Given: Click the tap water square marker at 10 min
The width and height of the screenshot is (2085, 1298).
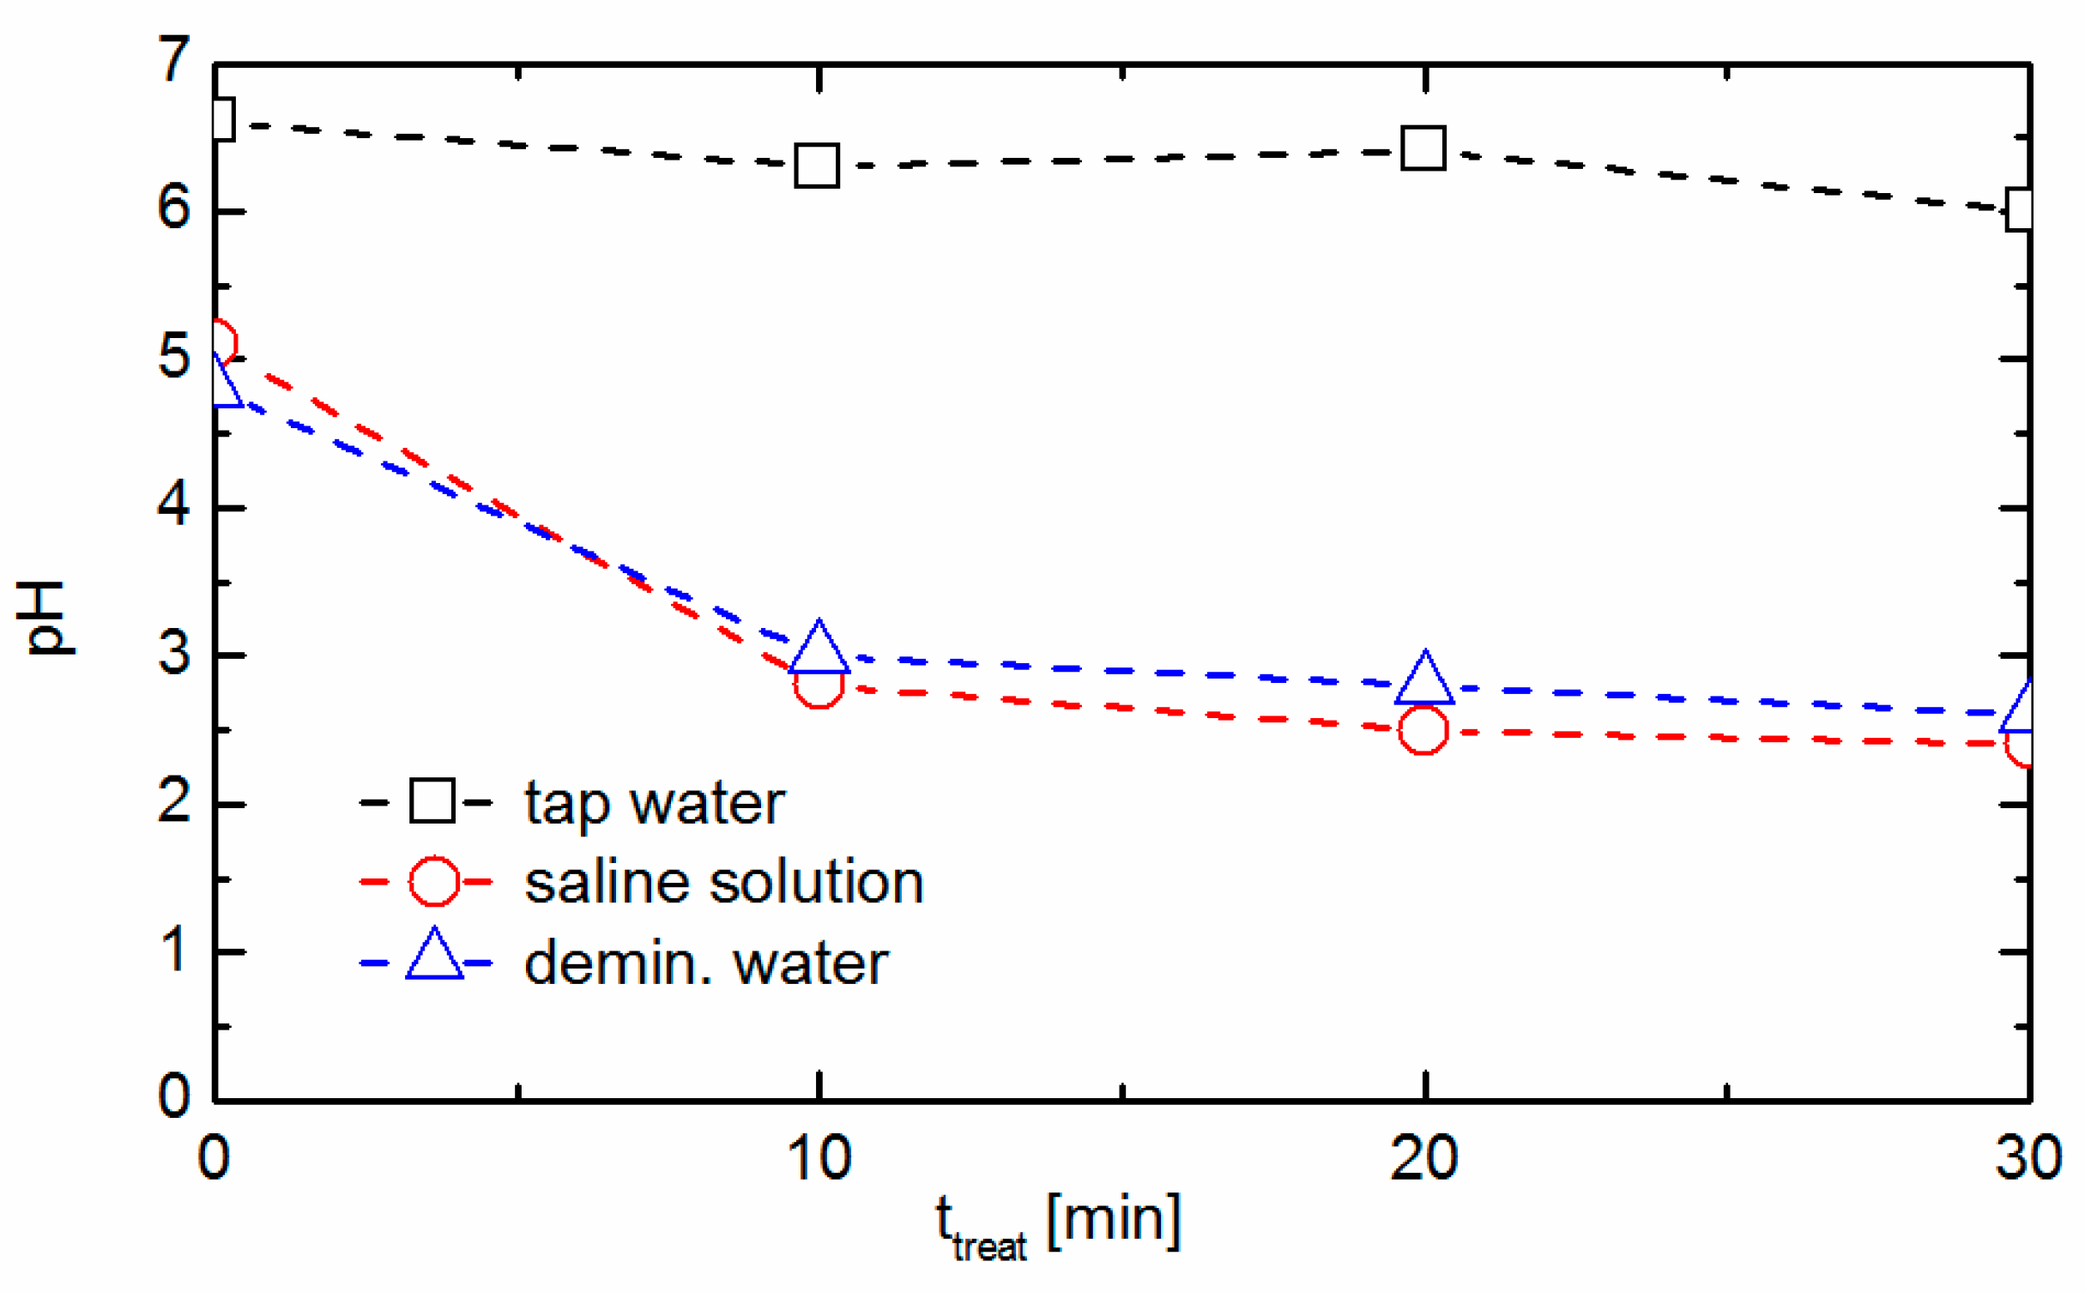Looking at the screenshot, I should click(816, 166).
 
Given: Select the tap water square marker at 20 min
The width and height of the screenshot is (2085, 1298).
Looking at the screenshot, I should click(1423, 148).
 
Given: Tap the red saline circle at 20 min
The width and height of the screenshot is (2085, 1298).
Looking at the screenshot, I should click(1423, 730).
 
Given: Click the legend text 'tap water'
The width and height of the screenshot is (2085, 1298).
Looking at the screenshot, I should click(654, 804).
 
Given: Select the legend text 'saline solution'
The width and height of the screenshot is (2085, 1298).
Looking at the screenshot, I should click(723, 883).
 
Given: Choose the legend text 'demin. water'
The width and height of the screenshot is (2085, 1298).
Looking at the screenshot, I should click(705, 963).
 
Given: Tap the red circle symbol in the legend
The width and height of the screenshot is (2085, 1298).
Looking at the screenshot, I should click(433, 881).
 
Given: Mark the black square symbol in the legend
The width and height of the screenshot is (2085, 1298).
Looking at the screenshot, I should click(432, 800).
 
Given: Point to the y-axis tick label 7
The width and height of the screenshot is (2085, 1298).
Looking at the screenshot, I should click(174, 60).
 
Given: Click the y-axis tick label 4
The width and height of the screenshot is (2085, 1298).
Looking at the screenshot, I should click(174, 504).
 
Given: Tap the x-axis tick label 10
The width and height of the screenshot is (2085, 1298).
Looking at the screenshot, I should click(819, 1159).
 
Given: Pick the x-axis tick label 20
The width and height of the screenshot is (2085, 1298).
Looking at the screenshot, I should click(1424, 1159).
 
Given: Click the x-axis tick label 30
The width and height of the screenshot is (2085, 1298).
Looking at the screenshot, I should click(2028, 1159).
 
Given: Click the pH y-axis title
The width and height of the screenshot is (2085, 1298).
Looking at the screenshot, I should click(46, 618).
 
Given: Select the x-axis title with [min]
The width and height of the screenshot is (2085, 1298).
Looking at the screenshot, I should click(1058, 1226).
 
